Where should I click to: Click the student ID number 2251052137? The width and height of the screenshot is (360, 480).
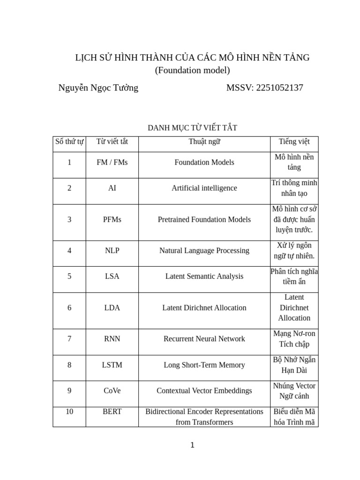click(x=279, y=88)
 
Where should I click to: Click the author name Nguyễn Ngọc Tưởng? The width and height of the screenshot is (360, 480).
click(x=98, y=88)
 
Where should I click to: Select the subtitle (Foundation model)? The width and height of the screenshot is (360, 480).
click(x=192, y=70)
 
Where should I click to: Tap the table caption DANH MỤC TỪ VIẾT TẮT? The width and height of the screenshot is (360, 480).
click(x=192, y=127)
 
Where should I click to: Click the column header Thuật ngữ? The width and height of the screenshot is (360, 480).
click(x=204, y=142)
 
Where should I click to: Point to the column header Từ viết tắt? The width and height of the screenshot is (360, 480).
click(x=112, y=142)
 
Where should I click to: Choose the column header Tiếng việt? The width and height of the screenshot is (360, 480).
click(x=294, y=142)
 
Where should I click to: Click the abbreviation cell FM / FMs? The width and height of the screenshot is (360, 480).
click(x=112, y=162)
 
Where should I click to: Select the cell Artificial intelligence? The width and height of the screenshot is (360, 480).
click(x=204, y=188)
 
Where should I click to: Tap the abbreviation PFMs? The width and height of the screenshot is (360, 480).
click(x=112, y=219)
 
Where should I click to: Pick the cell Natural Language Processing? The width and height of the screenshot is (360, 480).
click(x=204, y=250)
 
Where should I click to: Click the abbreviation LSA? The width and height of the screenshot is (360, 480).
click(x=112, y=276)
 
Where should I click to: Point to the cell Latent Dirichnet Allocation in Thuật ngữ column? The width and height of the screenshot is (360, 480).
click(x=204, y=307)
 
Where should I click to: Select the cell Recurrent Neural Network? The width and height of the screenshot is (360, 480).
click(x=204, y=338)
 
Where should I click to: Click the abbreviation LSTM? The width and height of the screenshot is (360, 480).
click(x=112, y=365)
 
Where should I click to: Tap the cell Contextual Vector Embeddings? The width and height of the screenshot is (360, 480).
click(x=204, y=390)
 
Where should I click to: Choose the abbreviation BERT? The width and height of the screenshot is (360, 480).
click(x=112, y=412)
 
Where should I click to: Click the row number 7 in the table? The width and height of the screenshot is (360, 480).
click(x=69, y=338)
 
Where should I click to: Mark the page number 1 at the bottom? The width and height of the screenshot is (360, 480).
click(x=192, y=445)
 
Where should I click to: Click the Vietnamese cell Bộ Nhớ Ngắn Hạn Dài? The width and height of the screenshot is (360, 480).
click(x=294, y=365)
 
